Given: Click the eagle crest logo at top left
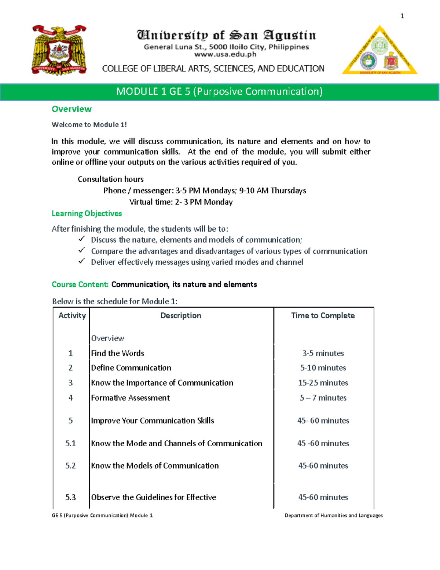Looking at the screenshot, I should [59, 50].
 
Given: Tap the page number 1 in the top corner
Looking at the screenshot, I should [402, 16].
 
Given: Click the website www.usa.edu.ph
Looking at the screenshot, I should [225, 54].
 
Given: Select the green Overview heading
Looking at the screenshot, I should [71, 109].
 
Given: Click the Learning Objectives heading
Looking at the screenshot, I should [87, 213].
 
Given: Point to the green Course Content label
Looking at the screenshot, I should [80, 284].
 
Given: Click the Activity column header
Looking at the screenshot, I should [72, 316].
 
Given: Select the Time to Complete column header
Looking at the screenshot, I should [323, 316].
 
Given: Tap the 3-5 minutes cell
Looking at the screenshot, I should [323, 353].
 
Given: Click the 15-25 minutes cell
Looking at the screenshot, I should [323, 383].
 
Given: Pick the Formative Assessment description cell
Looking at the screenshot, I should [130, 398].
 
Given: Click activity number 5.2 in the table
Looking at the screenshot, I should [70, 466].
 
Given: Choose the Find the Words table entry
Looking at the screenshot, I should [117, 353].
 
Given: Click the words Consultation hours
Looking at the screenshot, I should [110, 179].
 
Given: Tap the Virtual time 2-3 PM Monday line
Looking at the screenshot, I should [181, 202].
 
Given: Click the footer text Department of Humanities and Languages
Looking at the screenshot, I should [333, 515].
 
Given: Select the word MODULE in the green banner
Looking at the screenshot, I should [137, 91].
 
